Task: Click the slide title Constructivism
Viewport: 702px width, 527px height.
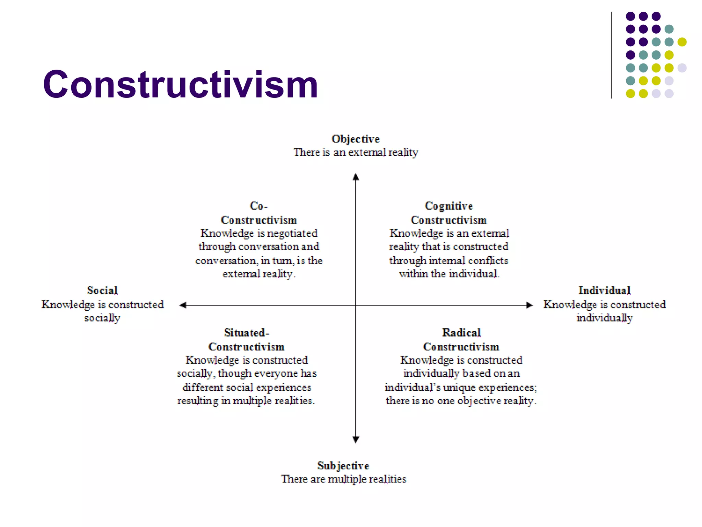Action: pyautogui.click(x=181, y=84)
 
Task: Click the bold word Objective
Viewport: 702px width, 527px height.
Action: pyautogui.click(x=355, y=139)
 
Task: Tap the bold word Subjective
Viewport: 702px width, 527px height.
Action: pyautogui.click(x=343, y=466)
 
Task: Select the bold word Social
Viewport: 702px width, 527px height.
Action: pyautogui.click(x=102, y=291)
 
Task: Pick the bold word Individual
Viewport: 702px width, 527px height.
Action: pyautogui.click(x=604, y=291)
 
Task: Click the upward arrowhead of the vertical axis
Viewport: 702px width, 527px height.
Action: pyautogui.click(x=356, y=177)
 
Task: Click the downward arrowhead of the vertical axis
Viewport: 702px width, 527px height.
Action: pyautogui.click(x=356, y=439)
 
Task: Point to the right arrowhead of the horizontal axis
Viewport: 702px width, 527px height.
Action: pyautogui.click(x=530, y=305)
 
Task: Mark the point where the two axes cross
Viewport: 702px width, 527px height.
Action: pyautogui.click(x=356, y=305)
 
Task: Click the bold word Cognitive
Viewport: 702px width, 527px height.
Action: pyautogui.click(x=449, y=206)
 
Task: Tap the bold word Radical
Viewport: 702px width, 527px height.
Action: pyautogui.click(x=461, y=333)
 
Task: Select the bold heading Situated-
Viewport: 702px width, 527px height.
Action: pyautogui.click(x=246, y=333)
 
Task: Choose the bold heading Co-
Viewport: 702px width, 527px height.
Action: pyautogui.click(x=258, y=206)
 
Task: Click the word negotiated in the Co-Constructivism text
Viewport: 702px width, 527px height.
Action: pyautogui.click(x=292, y=233)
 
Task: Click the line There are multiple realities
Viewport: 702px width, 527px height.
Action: pyautogui.click(x=343, y=479)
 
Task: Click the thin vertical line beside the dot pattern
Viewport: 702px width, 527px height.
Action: pyautogui.click(x=611, y=55)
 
